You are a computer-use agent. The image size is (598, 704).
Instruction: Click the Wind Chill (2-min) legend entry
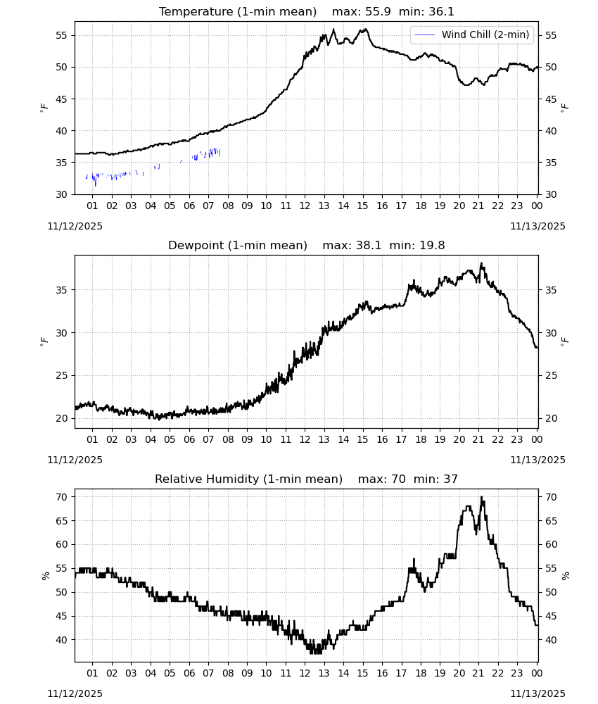coord(472,34)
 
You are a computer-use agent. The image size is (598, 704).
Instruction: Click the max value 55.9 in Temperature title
coord(378,12)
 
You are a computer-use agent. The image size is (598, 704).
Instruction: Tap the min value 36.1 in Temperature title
coord(441,12)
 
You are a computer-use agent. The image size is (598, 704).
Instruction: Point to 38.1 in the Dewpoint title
coord(369,246)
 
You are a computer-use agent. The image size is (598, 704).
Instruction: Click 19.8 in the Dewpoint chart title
coord(432,246)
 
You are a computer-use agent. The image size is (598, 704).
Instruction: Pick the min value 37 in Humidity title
coord(451,479)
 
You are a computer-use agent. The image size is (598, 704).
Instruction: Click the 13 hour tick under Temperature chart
coord(324,206)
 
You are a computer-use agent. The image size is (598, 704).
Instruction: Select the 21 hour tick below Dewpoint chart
coord(478,439)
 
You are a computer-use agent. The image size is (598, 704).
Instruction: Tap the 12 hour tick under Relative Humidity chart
coord(305,674)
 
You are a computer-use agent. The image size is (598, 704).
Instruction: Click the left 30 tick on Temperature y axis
coord(62,194)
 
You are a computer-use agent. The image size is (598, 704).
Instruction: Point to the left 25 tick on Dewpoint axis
coord(62,375)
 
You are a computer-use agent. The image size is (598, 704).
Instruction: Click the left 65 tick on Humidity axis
coord(62,521)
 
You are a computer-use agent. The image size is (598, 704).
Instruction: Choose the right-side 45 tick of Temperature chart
coord(551,99)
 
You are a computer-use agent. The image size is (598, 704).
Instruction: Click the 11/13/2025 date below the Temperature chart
coord(538,226)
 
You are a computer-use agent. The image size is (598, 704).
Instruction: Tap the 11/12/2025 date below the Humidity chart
coord(75,693)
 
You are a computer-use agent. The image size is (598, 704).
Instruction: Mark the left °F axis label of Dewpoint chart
coord(44,341)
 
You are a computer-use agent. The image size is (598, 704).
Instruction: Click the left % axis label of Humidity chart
coord(45,576)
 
